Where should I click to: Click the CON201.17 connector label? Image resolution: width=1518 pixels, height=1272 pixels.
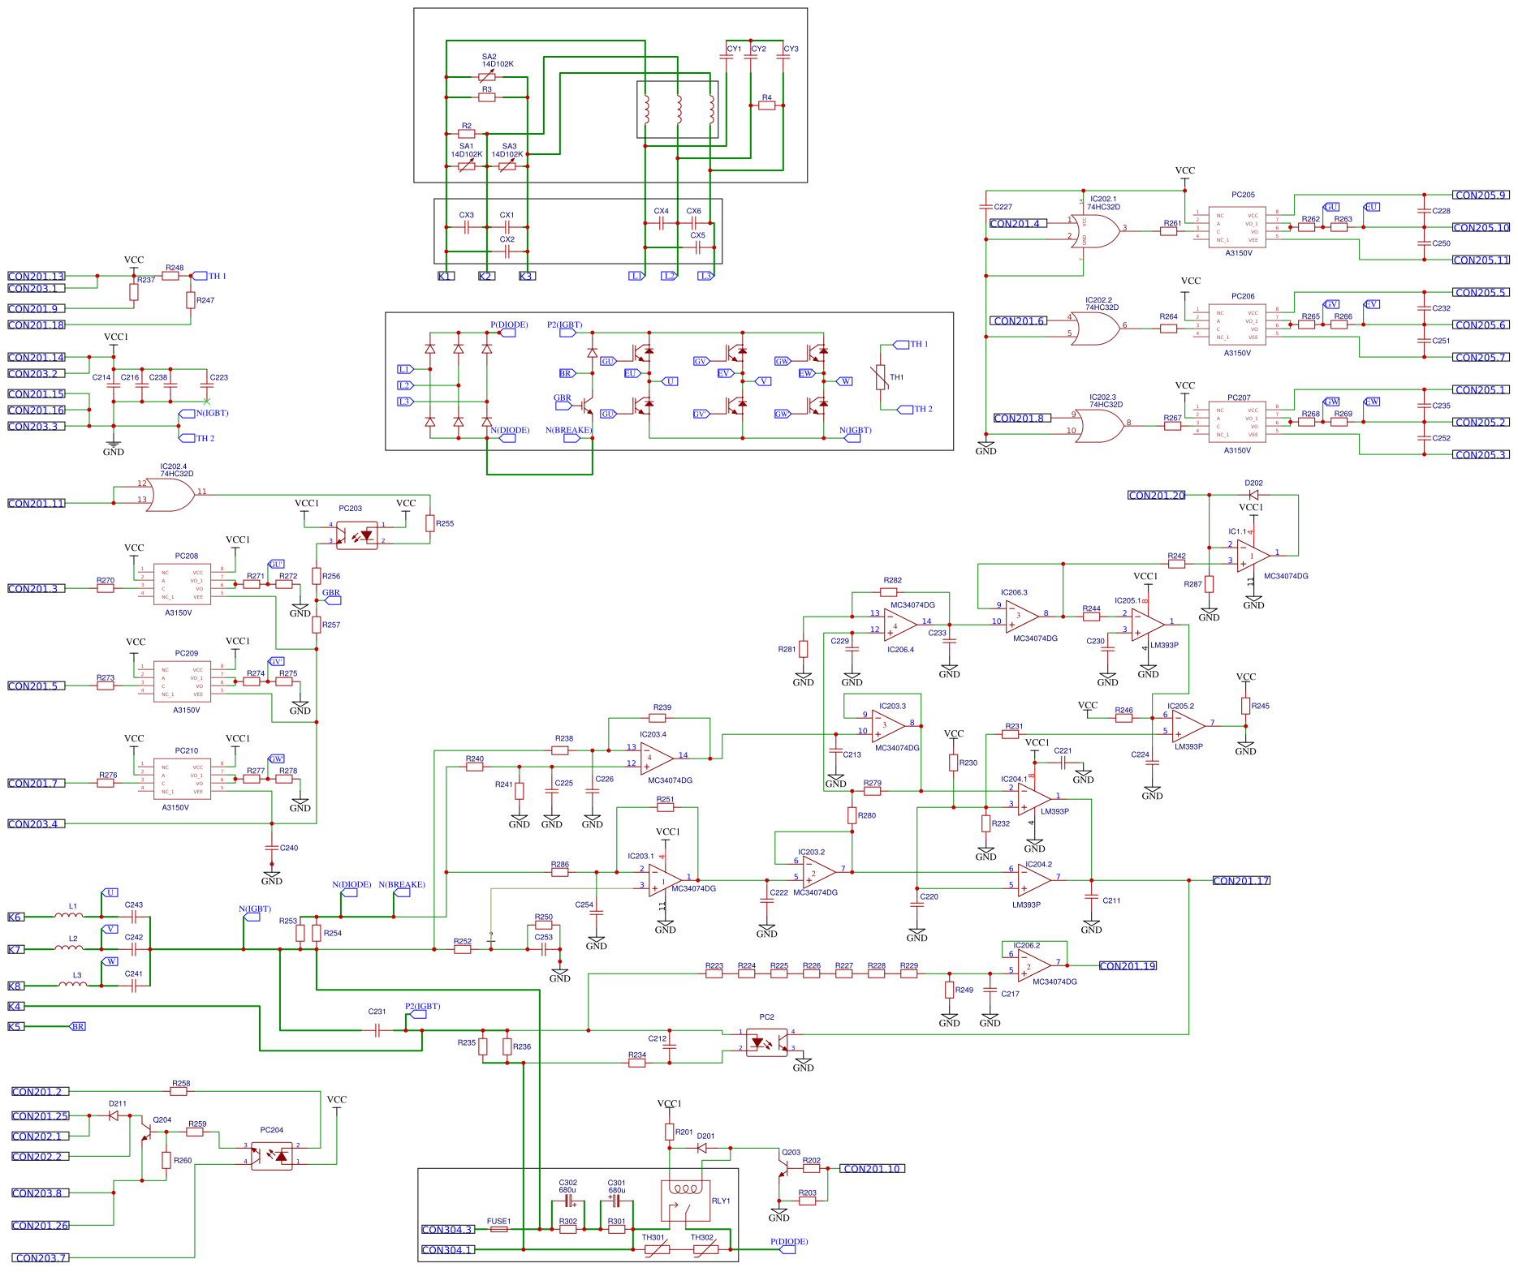(1240, 880)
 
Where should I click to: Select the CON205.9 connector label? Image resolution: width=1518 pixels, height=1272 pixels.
(1481, 195)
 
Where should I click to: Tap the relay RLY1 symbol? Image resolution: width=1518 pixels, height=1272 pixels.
(686, 1201)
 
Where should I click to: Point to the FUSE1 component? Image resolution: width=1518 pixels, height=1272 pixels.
(498, 1229)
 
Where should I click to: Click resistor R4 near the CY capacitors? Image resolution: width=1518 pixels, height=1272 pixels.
(766, 105)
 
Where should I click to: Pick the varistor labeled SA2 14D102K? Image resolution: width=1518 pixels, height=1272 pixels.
(487, 77)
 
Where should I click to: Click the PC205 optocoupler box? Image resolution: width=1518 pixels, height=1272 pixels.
(1237, 227)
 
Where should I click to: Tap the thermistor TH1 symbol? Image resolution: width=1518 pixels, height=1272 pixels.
(881, 377)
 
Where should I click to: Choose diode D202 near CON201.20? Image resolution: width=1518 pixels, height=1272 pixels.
(1253, 495)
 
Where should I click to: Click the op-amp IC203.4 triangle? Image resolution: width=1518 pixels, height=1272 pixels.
(656, 758)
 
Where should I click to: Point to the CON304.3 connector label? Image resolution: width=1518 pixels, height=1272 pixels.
(446, 1229)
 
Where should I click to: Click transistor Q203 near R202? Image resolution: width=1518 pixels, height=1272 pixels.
(783, 1168)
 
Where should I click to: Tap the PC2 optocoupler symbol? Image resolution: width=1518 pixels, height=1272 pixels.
(766, 1042)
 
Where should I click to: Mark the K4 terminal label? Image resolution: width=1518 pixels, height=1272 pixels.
(15, 1006)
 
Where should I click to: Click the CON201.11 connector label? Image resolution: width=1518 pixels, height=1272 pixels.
(36, 503)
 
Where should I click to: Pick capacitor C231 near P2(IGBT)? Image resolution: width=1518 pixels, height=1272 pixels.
(377, 1030)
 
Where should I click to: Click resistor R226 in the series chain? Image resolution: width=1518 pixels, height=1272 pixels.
(811, 973)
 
